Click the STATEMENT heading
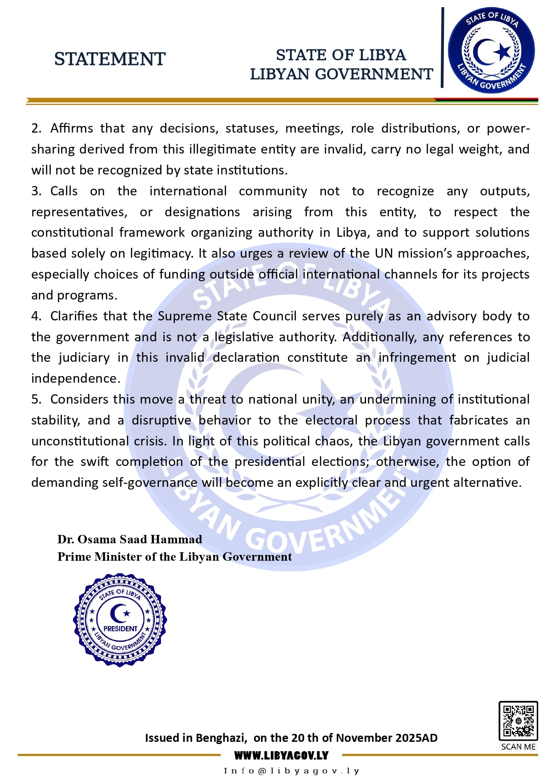coord(109,59)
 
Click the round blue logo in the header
coord(491,50)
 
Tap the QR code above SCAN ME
coord(518,720)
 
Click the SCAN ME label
coord(518,747)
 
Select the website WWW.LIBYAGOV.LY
coord(281,755)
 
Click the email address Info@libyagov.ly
coord(291,771)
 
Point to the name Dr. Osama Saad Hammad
coord(129,539)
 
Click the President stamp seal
coord(120,619)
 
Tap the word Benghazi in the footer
coord(220,738)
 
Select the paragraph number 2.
coord(36,129)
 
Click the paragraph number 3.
coord(36,191)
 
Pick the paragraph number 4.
coord(36,316)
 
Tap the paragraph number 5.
coord(36,400)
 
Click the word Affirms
coord(72,128)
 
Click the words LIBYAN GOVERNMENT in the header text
coord(341,74)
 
